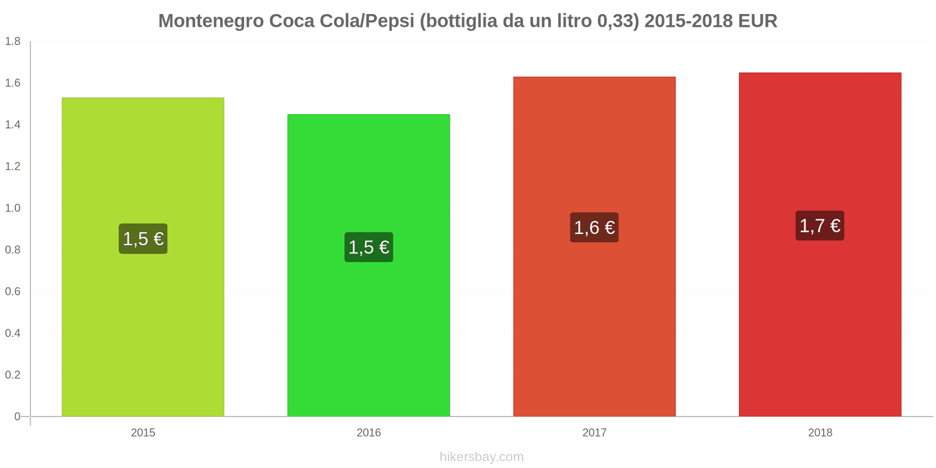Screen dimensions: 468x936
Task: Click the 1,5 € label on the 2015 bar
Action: click(x=143, y=239)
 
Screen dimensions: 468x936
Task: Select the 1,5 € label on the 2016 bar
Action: click(x=369, y=247)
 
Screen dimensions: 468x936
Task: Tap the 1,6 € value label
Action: click(x=594, y=228)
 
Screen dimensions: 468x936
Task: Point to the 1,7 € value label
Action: click(x=820, y=226)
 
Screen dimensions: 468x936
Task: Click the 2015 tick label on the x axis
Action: click(x=143, y=433)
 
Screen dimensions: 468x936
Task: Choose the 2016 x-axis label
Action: click(x=369, y=433)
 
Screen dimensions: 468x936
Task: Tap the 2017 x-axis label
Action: click(x=594, y=433)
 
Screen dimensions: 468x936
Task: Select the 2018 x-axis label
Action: click(x=820, y=433)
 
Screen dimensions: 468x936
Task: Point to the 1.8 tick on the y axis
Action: click(x=13, y=42)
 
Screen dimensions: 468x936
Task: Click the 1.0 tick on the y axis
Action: click(x=13, y=208)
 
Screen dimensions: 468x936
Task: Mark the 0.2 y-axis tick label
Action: click(x=13, y=375)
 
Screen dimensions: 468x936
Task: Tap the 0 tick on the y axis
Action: click(x=17, y=417)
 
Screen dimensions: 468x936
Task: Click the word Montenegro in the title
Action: click(x=211, y=21)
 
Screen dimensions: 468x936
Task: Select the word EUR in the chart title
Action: click(x=758, y=21)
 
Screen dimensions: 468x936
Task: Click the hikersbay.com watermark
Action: click(x=481, y=457)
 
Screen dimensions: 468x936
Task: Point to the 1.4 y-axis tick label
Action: click(x=13, y=125)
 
